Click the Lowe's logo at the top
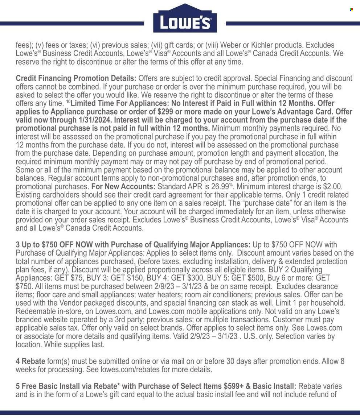(x=185, y=19)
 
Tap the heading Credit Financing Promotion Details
(x=76, y=78)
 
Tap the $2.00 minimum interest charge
(x=332, y=187)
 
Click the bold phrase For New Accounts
(x=123, y=187)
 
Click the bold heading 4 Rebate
(x=30, y=361)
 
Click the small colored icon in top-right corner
(x=351, y=10)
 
